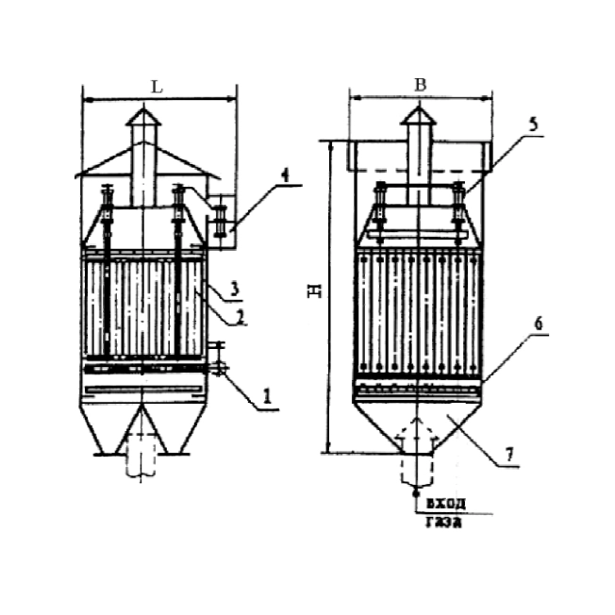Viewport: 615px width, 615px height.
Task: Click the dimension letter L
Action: coord(157,87)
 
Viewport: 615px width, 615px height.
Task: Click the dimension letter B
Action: coord(421,85)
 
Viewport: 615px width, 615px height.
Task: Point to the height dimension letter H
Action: coord(314,291)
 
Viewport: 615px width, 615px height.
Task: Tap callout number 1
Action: coord(267,396)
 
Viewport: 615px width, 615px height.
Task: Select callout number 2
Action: coord(241,317)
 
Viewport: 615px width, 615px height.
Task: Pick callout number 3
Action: coord(234,289)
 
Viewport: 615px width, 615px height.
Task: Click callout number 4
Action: coord(285,175)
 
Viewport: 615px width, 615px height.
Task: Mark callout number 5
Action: coord(534,124)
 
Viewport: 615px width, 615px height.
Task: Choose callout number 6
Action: coord(539,324)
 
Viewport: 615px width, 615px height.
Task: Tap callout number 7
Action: coord(508,455)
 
